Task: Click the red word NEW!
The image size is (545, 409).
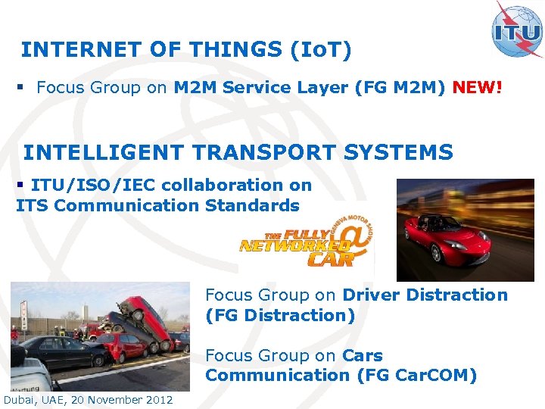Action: click(478, 88)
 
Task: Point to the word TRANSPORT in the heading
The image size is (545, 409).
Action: click(263, 152)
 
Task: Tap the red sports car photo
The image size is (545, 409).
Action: click(465, 229)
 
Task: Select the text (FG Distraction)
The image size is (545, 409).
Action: click(279, 315)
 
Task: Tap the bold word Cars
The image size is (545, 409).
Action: click(363, 356)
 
